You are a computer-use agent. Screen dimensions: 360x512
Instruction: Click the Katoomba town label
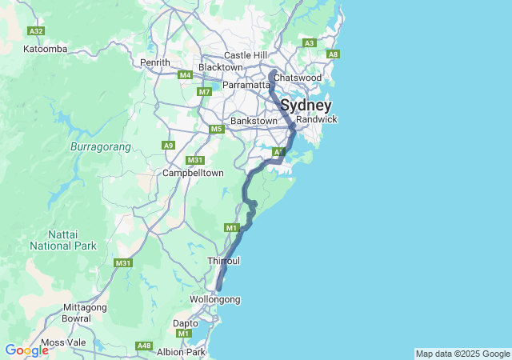point(45,49)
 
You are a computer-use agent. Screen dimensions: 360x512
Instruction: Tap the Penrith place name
point(155,62)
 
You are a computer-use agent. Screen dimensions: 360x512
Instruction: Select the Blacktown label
point(220,67)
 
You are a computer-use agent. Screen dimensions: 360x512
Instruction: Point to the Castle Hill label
point(246,54)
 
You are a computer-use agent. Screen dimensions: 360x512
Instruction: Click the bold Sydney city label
point(305,105)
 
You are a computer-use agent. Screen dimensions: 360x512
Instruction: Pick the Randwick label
point(317,119)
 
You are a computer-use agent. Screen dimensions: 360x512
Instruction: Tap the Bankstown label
point(253,121)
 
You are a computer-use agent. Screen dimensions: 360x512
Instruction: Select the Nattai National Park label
point(62,240)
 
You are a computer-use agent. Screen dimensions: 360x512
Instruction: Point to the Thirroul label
point(223,262)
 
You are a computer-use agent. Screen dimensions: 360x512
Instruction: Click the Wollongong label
point(214,299)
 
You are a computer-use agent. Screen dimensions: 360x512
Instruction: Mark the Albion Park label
point(182,352)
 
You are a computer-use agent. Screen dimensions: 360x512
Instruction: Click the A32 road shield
point(35,30)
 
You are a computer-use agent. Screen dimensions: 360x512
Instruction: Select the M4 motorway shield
point(186,75)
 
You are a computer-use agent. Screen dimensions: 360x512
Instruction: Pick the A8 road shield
point(334,54)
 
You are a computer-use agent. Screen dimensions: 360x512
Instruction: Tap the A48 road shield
point(144,346)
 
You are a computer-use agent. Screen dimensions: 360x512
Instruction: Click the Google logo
point(26,350)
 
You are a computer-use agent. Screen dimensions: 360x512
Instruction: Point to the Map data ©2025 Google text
point(462,354)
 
